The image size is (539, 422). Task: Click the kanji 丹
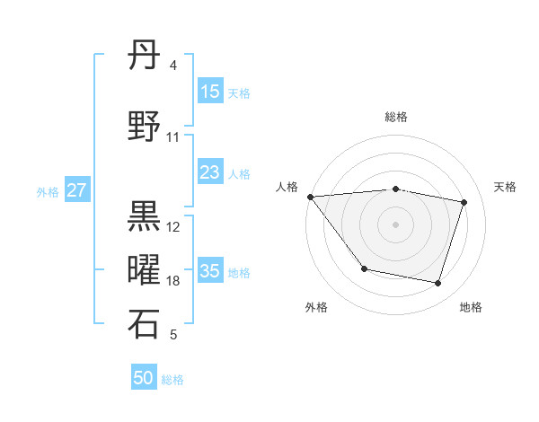point(144,56)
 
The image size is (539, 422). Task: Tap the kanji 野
point(144,127)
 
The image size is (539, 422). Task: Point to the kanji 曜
point(144,270)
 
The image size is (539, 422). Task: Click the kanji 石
point(144,324)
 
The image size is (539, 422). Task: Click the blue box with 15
point(210,92)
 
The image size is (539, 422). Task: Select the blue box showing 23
point(210,172)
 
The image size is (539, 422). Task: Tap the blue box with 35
point(210,271)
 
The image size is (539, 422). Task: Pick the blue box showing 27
point(77,190)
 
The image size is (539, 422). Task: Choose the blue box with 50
point(144,378)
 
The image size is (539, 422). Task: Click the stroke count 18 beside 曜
point(173,281)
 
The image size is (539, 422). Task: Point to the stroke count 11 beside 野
point(173,137)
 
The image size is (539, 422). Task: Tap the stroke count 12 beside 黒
point(173,226)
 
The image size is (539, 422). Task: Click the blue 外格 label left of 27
point(48,191)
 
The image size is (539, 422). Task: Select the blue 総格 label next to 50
point(172,380)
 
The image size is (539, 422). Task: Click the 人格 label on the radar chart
point(287,187)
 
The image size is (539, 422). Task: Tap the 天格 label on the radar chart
point(506,187)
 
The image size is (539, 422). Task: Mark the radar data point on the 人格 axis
point(310,197)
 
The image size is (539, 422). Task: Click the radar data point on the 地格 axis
point(438,284)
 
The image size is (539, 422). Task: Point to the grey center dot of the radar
point(395,224)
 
